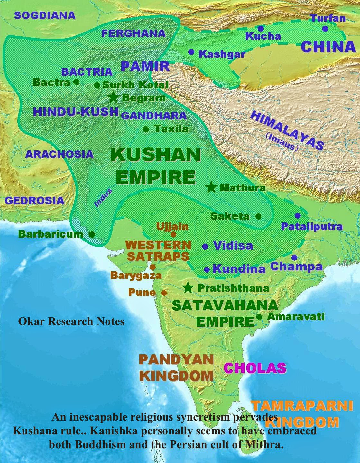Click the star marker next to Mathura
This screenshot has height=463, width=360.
click(x=211, y=187)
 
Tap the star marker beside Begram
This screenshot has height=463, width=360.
click(x=113, y=97)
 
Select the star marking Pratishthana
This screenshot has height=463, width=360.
click(x=188, y=288)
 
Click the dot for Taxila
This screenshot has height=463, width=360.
click(x=146, y=129)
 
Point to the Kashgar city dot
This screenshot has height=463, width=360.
click(x=191, y=52)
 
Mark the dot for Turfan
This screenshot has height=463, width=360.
click(x=325, y=29)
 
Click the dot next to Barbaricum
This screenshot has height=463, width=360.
click(x=92, y=234)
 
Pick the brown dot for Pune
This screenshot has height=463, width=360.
click(x=164, y=293)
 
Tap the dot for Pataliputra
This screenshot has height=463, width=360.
click(x=298, y=216)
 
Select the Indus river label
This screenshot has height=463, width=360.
click(x=103, y=198)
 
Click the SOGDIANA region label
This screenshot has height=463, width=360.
click(x=45, y=15)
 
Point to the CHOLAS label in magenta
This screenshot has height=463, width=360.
click(x=255, y=368)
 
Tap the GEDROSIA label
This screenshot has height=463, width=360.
click(x=34, y=200)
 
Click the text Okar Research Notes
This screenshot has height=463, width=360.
click(x=71, y=321)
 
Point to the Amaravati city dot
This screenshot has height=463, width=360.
click(x=259, y=317)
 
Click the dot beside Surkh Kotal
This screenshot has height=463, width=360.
click(x=97, y=85)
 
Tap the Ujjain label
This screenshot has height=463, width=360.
click(x=172, y=226)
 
